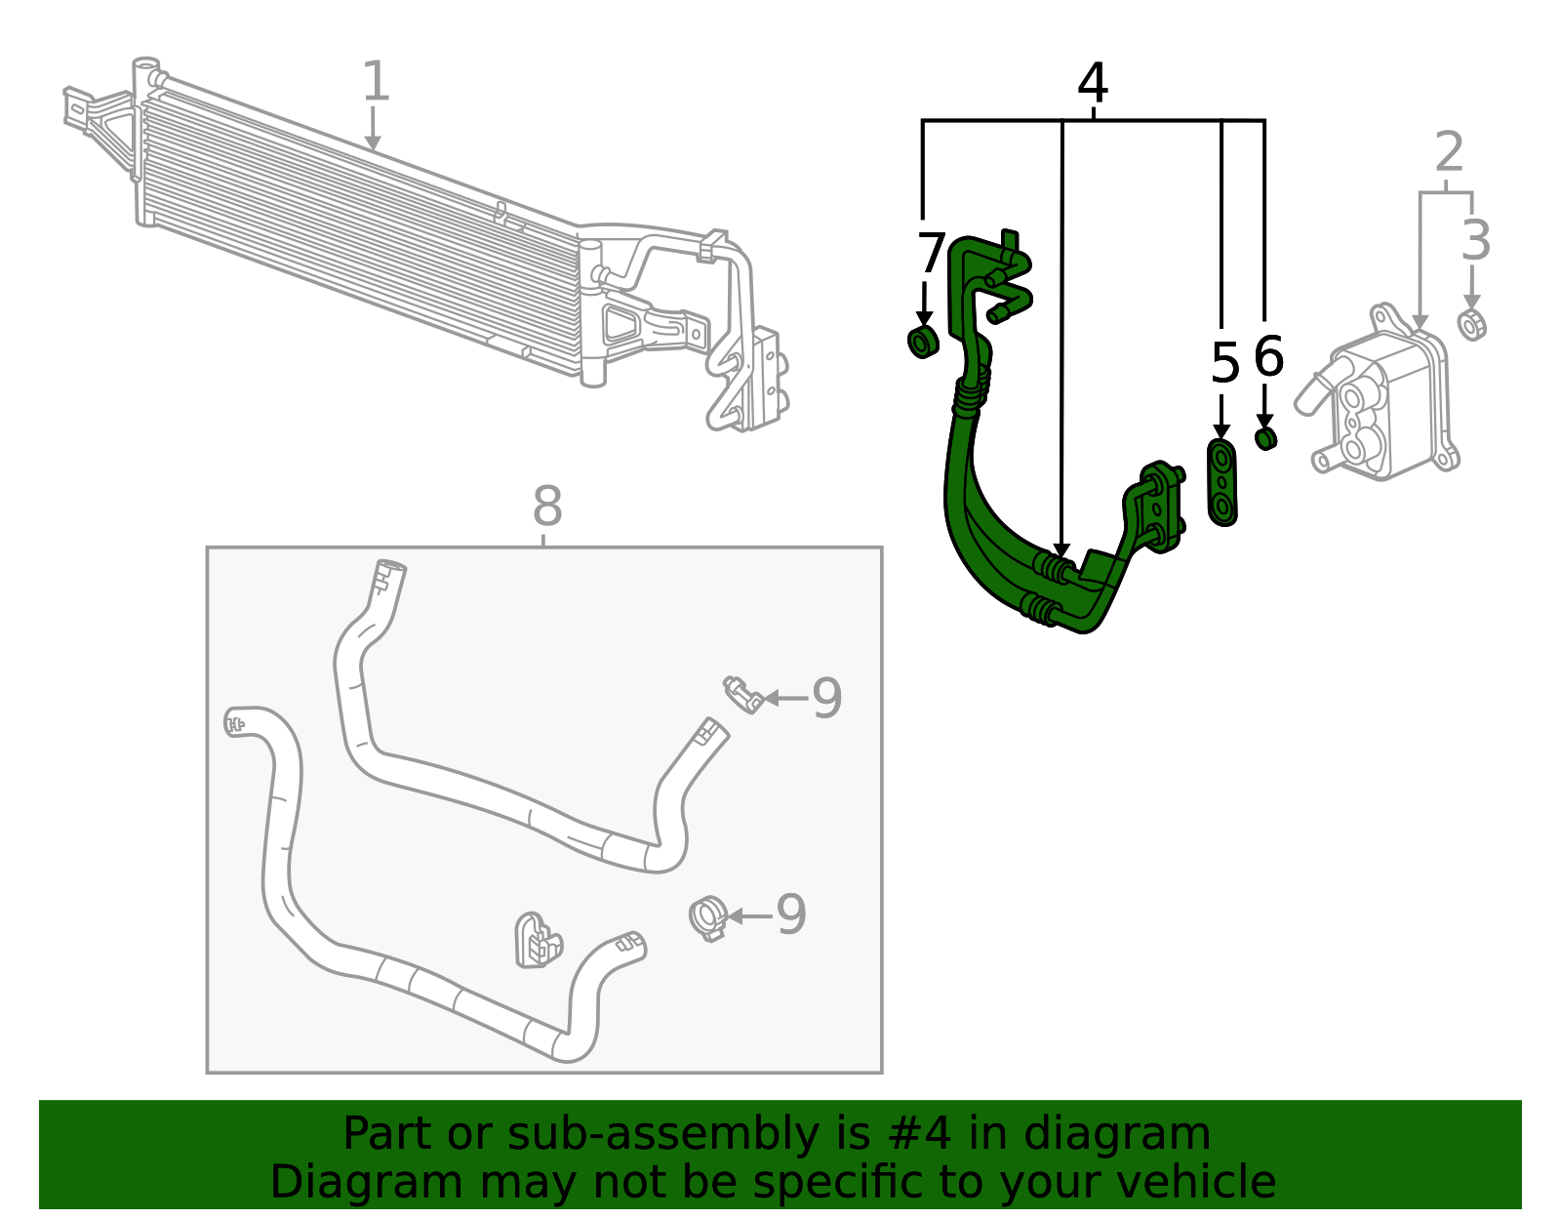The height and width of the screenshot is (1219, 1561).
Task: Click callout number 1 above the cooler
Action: pyautogui.click(x=376, y=82)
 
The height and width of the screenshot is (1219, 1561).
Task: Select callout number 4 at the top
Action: pyautogui.click(x=1093, y=85)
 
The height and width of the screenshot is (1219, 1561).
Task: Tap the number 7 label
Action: pyautogui.click(x=931, y=255)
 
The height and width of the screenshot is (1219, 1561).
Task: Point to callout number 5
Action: pyautogui.click(x=1224, y=365)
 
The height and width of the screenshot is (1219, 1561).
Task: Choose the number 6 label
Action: pyautogui.click(x=1268, y=357)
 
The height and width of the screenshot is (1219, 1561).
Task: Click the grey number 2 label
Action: pyautogui.click(x=1450, y=154)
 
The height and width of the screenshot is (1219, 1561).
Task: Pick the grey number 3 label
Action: pyautogui.click(x=1476, y=241)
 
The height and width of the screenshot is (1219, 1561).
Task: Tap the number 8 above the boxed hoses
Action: pyautogui.click(x=547, y=508)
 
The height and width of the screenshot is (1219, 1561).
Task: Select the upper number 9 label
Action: pyautogui.click(x=826, y=699)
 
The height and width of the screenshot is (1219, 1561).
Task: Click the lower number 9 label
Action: pyautogui.click(x=790, y=915)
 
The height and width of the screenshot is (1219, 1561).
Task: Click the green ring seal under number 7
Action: pyautogui.click(x=923, y=343)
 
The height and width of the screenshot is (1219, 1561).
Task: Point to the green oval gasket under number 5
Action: pyautogui.click(x=1222, y=482)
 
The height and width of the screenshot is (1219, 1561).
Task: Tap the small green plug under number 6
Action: pyautogui.click(x=1265, y=438)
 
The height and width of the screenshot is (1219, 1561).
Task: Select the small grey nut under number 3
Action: pyautogui.click(x=1472, y=324)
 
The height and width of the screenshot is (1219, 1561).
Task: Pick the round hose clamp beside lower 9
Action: pyautogui.click(x=708, y=917)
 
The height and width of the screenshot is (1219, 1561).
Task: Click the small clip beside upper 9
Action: pyautogui.click(x=743, y=693)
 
